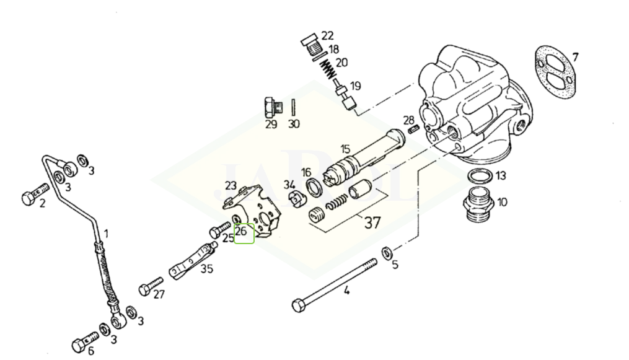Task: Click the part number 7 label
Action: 575,58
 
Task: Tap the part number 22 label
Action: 328,35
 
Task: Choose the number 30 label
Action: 294,124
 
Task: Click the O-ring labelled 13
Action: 479,177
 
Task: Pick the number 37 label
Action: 372,222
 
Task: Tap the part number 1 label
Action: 106,234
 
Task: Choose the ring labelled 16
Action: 314,187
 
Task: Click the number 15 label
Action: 345,149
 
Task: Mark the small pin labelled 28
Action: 414,129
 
